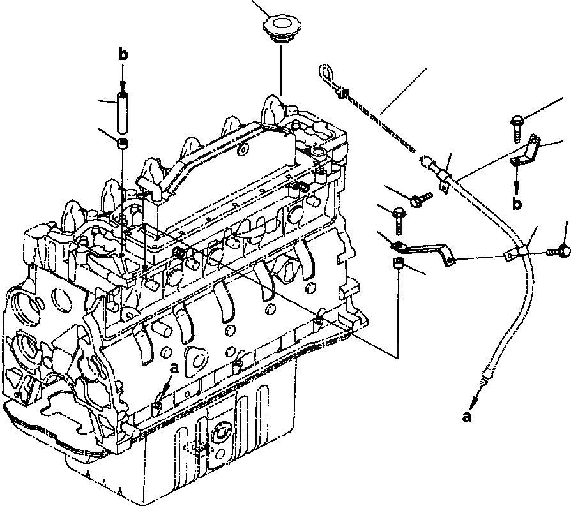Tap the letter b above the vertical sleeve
pos(124,56)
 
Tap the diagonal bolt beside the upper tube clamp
pos(417,199)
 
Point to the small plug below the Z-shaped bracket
pos(399,265)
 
